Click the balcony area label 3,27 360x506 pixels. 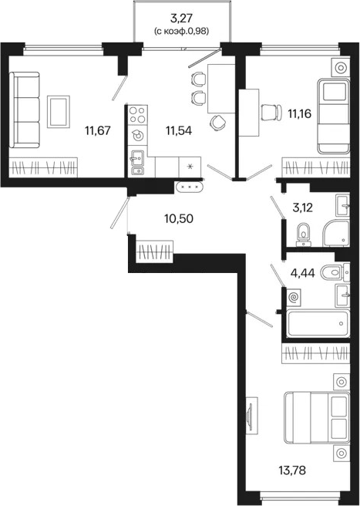tap(182, 18)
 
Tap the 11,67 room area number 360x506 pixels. tap(98, 130)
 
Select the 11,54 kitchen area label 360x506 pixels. tap(179, 130)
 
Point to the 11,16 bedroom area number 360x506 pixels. tap(299, 113)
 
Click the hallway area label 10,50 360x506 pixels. tap(179, 219)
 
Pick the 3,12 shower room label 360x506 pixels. tap(303, 207)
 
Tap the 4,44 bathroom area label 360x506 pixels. tap(301, 274)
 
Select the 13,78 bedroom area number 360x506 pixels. tap(292, 470)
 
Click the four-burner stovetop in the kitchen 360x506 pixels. tap(138, 115)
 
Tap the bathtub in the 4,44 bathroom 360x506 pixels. tap(318, 323)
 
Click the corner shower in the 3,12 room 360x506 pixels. tap(336, 233)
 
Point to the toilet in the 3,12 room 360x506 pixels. tap(303, 234)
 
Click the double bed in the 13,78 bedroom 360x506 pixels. tap(317, 417)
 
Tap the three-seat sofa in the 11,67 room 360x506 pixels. tap(25, 110)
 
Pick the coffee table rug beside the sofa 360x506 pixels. tap(59, 112)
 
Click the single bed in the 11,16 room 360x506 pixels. tap(334, 116)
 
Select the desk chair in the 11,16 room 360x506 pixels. tap(271, 113)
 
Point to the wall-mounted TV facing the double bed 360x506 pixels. tap(251, 416)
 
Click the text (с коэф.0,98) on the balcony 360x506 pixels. tap(182, 32)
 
